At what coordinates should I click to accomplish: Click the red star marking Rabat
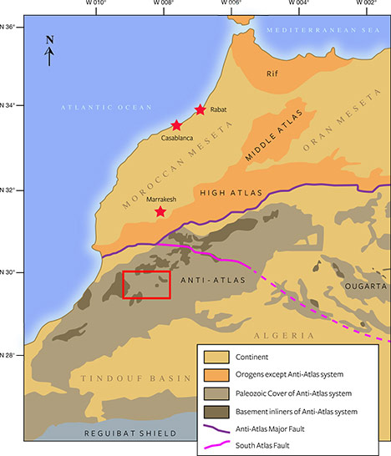click(x=200, y=110)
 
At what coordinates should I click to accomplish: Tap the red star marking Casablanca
click(x=176, y=125)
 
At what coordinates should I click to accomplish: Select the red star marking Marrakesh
click(x=160, y=212)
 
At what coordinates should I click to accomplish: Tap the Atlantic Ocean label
click(x=106, y=108)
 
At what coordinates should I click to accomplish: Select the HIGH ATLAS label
click(x=231, y=193)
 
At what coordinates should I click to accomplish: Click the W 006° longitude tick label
click(x=232, y=4)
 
